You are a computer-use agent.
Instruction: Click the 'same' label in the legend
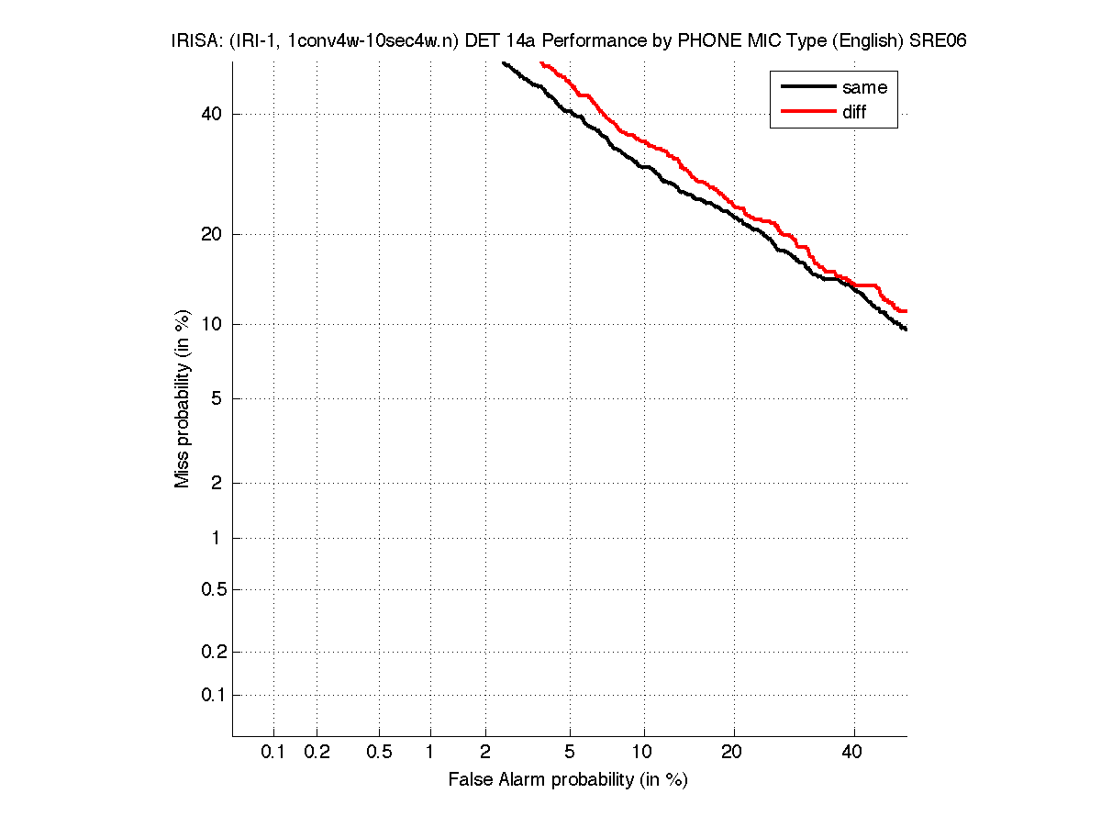click(864, 87)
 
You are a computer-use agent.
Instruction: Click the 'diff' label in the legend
click(854, 112)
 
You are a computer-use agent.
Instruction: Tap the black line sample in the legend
click(807, 87)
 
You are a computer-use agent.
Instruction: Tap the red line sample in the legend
click(807, 112)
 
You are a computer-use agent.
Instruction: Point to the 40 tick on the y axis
click(213, 114)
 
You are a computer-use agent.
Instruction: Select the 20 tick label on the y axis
click(213, 234)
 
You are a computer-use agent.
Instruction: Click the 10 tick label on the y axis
click(213, 324)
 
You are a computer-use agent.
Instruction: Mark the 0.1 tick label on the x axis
click(273, 753)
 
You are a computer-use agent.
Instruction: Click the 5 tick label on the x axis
click(570, 753)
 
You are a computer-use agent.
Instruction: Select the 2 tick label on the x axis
click(484, 753)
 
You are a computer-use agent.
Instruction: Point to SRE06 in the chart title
click(938, 41)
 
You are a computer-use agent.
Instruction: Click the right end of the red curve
click(906, 311)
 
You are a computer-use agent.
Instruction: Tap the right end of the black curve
click(906, 329)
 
